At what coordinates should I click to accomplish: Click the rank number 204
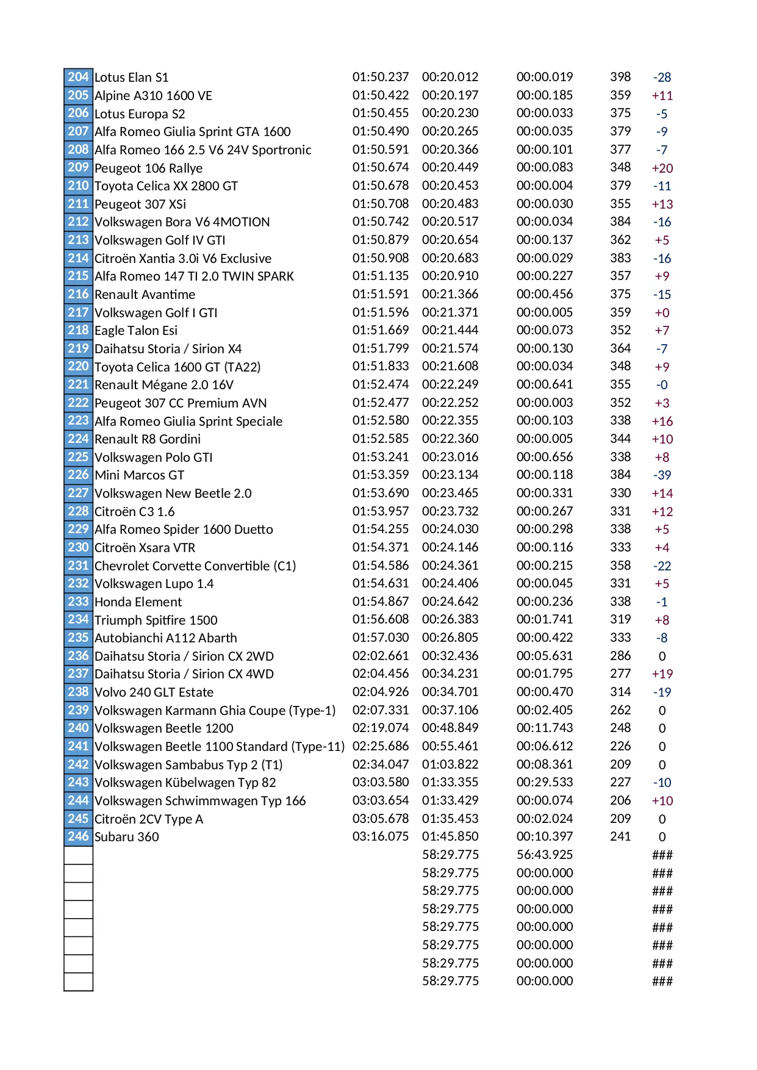point(78,77)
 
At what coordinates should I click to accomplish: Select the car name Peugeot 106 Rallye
point(148,168)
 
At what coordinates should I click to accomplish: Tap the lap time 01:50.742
point(380,222)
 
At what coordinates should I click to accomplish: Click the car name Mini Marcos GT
point(139,475)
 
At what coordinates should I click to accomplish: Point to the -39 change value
point(662,475)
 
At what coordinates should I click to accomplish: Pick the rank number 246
point(78,836)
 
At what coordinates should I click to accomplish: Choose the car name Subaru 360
point(126,837)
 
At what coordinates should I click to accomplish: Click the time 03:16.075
point(380,836)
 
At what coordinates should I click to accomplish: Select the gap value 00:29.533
point(544,782)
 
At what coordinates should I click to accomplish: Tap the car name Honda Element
point(138,602)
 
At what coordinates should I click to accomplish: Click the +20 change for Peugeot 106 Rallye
point(662,168)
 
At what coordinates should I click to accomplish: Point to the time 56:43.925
point(544,855)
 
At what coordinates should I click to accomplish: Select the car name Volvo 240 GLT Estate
point(154,692)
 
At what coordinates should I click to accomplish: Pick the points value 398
point(620,77)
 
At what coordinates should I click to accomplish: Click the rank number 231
point(78,566)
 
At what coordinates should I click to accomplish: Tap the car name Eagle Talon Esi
point(136,331)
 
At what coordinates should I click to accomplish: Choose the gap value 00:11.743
point(544,728)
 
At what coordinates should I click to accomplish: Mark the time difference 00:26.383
point(450,619)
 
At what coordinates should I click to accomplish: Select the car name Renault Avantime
point(145,295)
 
